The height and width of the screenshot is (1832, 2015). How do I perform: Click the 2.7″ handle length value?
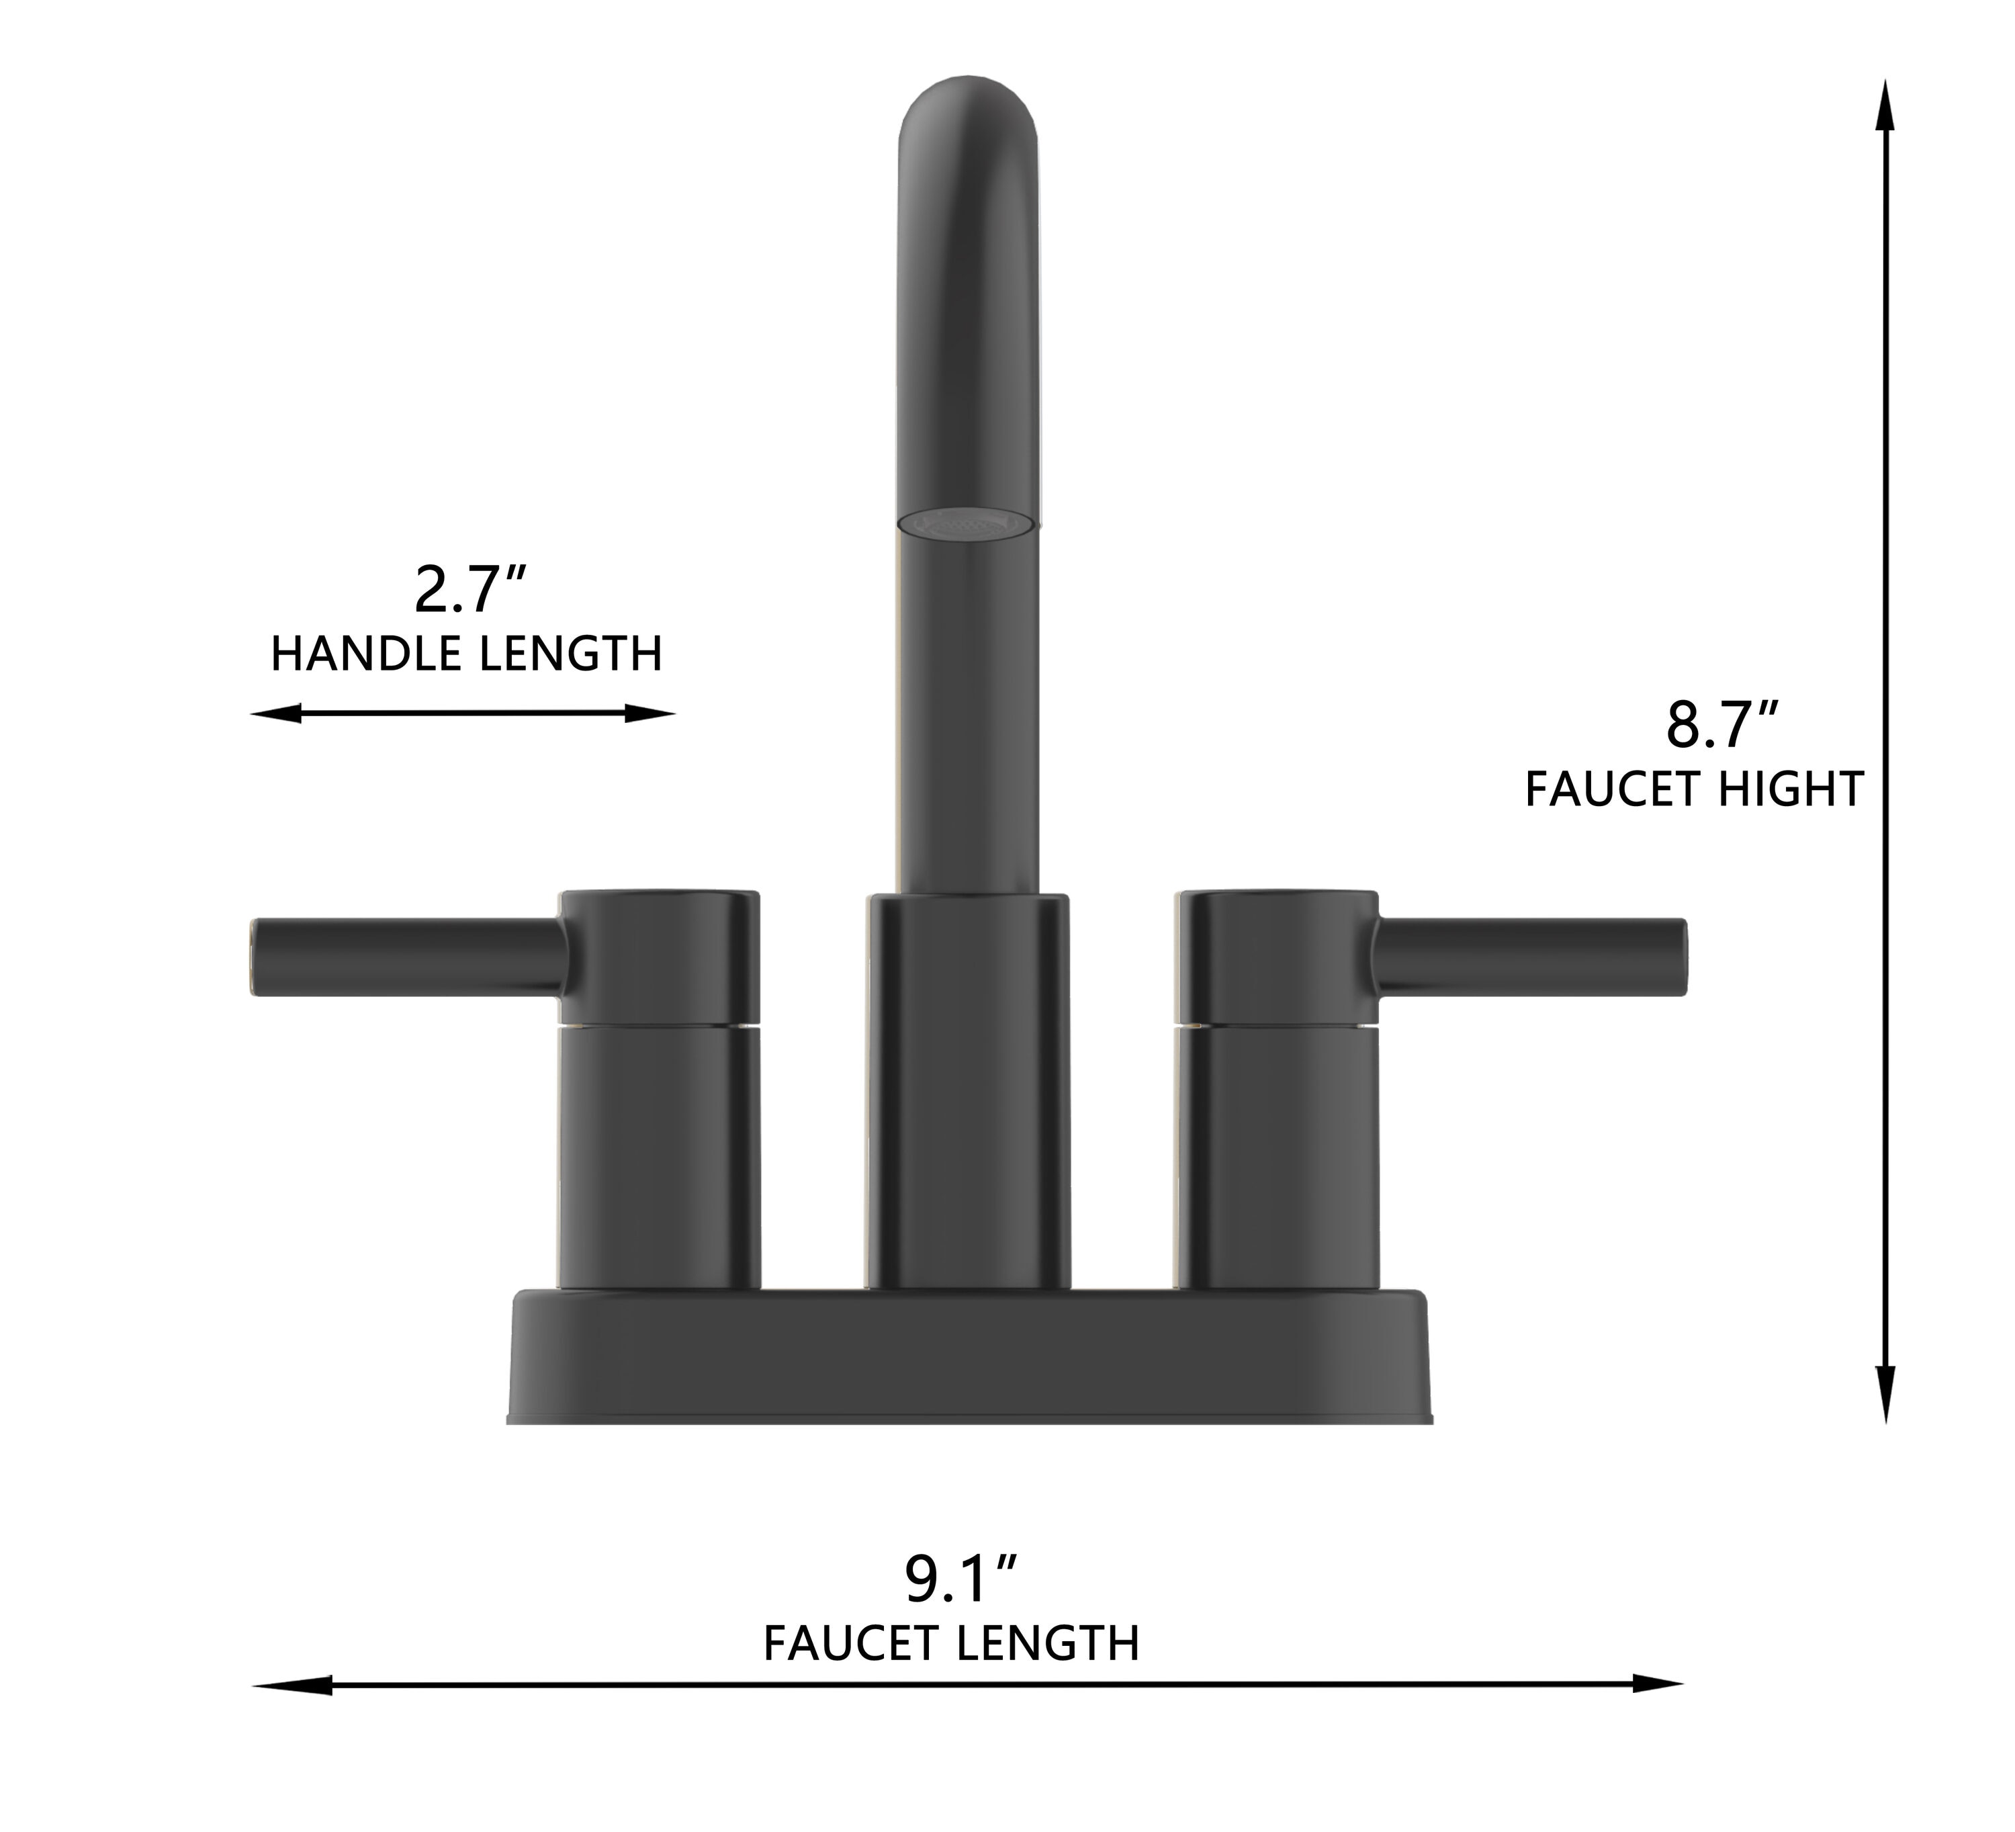(x=469, y=590)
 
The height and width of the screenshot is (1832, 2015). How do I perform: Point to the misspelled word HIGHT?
(x=1791, y=789)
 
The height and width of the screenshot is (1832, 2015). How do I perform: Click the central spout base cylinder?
(x=967, y=1090)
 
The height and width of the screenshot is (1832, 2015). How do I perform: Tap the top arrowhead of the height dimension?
(x=1886, y=105)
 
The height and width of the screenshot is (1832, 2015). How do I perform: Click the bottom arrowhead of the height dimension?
(x=1886, y=1394)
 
